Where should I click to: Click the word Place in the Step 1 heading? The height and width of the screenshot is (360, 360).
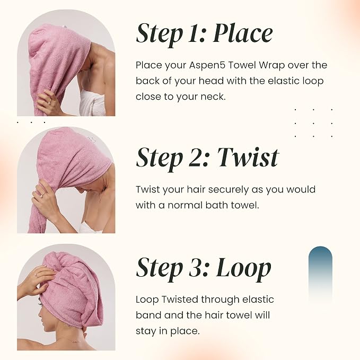[x=243, y=34]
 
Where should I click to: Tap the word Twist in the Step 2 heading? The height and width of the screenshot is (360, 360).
[x=248, y=157]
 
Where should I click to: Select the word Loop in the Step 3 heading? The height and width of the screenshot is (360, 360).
[x=243, y=269]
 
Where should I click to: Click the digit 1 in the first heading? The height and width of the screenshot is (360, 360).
[x=193, y=34]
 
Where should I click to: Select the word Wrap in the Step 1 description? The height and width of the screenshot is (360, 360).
[x=272, y=66]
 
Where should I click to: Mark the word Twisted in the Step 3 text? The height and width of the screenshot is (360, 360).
[x=180, y=300]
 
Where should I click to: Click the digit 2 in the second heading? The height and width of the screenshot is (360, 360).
[x=196, y=157]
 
